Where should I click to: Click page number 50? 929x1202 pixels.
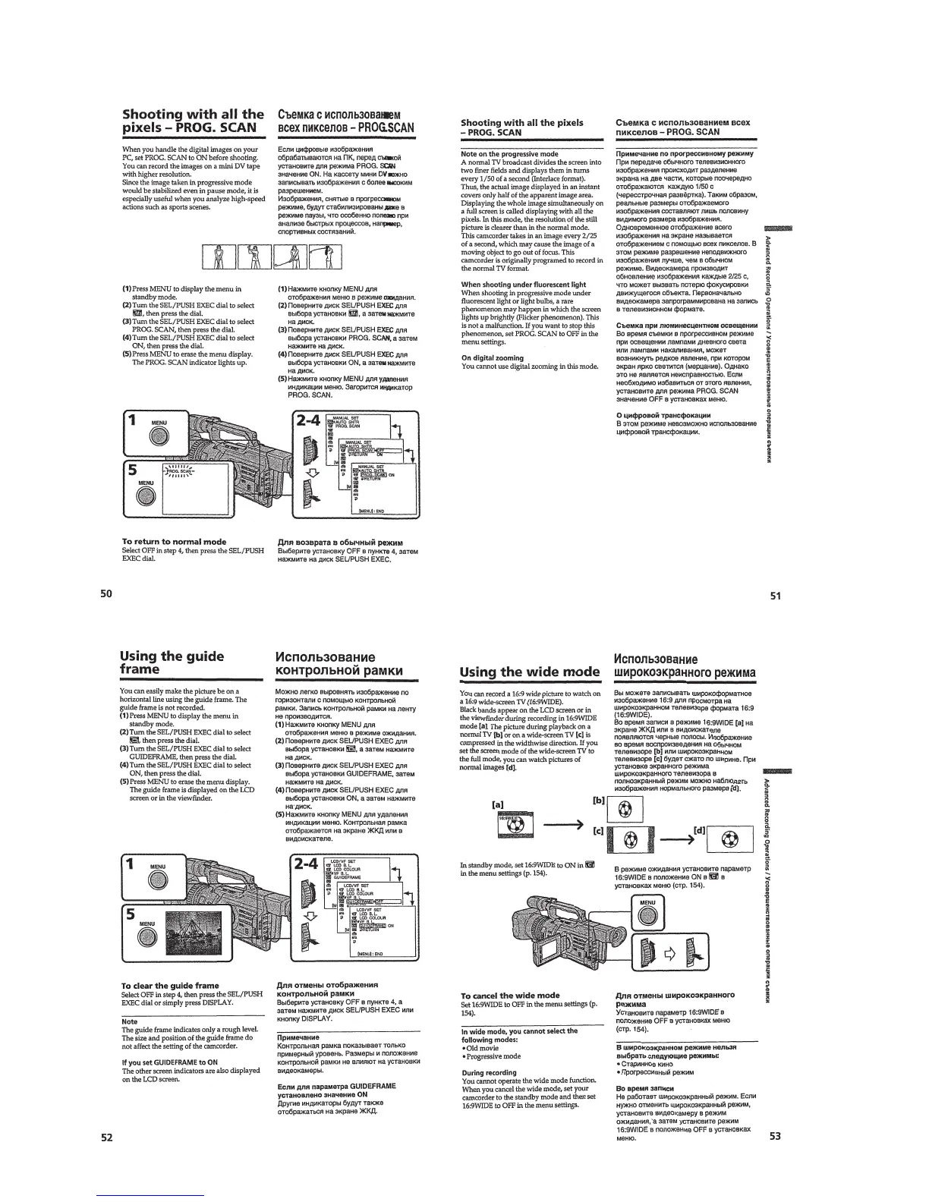point(107,593)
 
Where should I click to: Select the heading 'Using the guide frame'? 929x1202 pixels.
point(172,662)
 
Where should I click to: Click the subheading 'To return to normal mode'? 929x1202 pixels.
point(174,542)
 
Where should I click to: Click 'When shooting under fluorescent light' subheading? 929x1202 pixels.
point(524,285)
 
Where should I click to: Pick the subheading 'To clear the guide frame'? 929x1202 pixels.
point(170,986)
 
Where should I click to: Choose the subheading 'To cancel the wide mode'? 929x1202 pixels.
point(510,995)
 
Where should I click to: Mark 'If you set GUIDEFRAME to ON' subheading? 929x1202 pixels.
point(170,1062)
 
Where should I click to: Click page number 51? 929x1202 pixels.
point(775,596)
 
